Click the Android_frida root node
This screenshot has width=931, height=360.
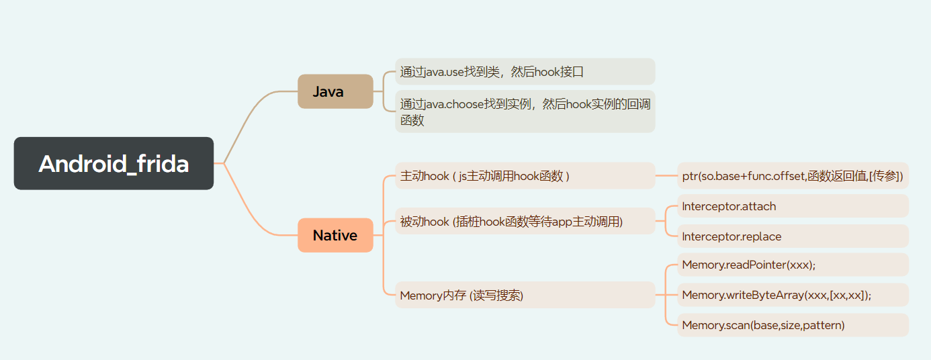(114, 163)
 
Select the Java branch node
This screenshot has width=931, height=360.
(335, 91)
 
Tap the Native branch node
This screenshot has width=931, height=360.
(335, 235)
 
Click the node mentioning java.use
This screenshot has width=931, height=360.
(524, 72)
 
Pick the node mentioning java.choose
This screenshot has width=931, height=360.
(524, 111)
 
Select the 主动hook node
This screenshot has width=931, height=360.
(524, 176)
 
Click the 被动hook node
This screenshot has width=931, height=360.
(524, 221)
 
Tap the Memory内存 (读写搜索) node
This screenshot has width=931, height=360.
(524, 295)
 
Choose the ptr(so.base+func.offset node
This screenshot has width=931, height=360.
(792, 176)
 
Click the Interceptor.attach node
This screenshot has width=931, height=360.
(792, 206)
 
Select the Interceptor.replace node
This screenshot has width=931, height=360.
(792, 236)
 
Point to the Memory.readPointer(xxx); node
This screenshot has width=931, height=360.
(792, 265)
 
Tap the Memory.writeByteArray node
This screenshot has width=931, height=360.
(792, 295)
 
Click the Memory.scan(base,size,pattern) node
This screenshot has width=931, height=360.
(792, 325)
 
